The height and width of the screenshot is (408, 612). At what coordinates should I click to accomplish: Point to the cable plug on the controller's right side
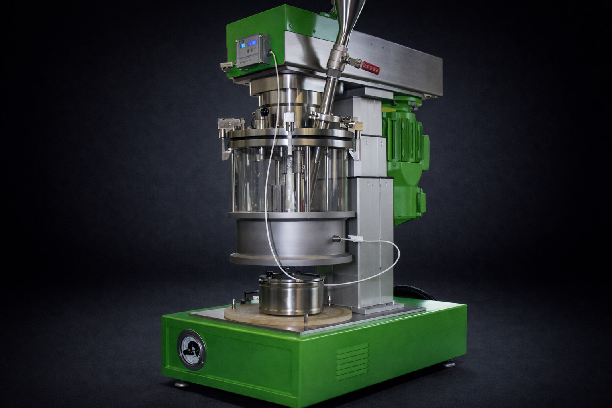pyautogui.click(x=270, y=52)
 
